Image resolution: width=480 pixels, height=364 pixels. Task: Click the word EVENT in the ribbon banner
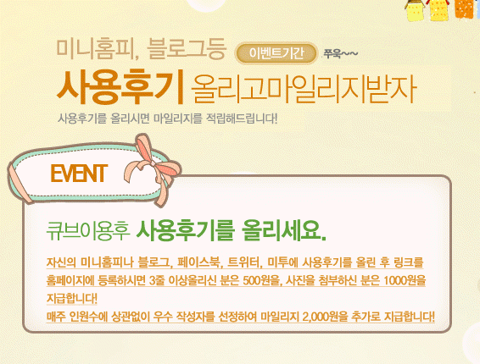pyautogui.click(x=79, y=174)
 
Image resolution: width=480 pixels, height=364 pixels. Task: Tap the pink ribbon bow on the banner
pyautogui.click(x=153, y=168)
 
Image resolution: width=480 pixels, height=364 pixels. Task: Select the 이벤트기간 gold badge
pyautogui.click(x=276, y=53)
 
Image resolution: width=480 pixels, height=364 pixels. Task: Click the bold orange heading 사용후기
pyautogui.click(x=120, y=86)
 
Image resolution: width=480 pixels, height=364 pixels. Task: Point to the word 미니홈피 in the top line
pyautogui.click(x=95, y=48)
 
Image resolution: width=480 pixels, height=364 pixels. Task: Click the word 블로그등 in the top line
pyautogui.click(x=186, y=48)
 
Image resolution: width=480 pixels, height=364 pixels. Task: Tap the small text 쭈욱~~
pyautogui.click(x=340, y=54)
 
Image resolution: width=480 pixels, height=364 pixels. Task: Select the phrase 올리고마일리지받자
pyautogui.click(x=303, y=89)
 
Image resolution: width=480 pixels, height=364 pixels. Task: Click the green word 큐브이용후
pyautogui.click(x=88, y=231)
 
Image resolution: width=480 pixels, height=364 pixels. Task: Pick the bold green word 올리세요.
pyautogui.click(x=283, y=231)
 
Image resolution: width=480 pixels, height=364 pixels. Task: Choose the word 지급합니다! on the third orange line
pyautogui.click(x=71, y=298)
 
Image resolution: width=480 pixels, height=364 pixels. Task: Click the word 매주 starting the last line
pyautogui.click(x=56, y=317)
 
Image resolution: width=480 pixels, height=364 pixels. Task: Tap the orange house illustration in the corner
pyautogui.click(x=464, y=8)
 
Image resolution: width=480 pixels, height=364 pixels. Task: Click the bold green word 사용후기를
pyautogui.click(x=186, y=231)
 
